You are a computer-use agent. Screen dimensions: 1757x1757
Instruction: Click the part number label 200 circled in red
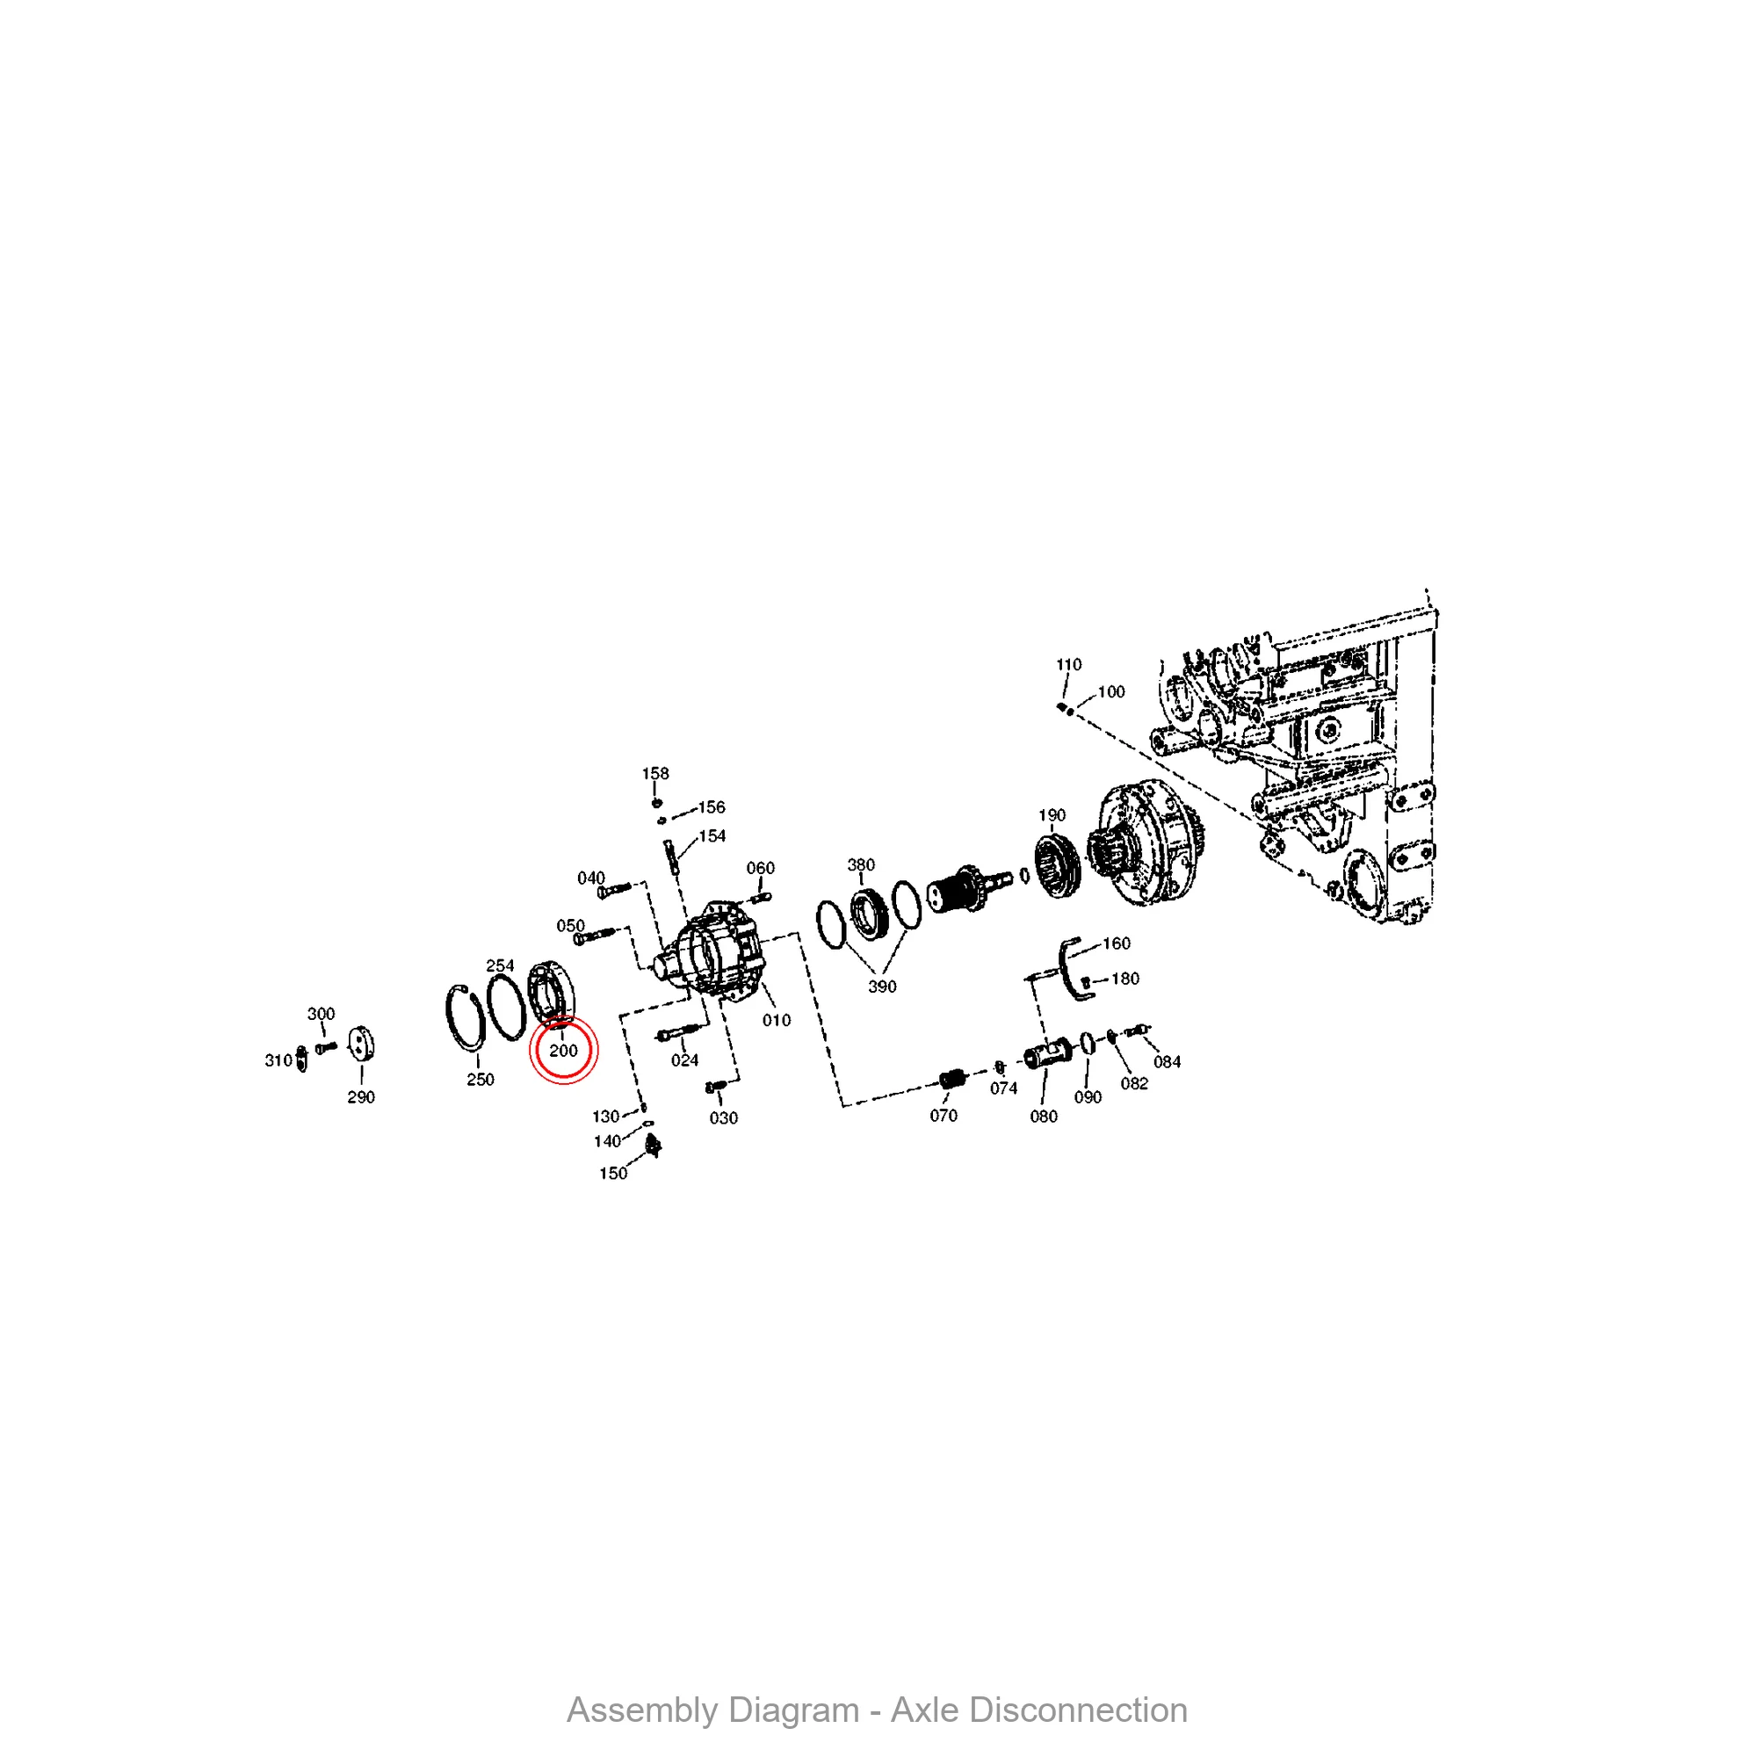point(563,1051)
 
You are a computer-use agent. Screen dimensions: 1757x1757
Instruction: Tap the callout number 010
point(776,1020)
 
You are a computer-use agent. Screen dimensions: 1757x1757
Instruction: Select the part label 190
point(1052,815)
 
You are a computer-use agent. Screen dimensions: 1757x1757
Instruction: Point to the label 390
point(881,987)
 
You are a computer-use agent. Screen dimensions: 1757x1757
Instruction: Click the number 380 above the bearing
point(860,864)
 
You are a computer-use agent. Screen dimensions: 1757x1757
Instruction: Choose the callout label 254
point(499,965)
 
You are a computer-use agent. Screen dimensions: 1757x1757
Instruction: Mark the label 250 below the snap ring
point(481,1080)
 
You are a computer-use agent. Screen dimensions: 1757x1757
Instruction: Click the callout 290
point(361,1096)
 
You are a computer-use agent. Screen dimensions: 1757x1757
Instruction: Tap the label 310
point(278,1060)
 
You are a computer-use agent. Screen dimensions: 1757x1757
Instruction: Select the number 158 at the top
point(654,773)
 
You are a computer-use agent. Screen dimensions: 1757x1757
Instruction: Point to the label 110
point(1068,665)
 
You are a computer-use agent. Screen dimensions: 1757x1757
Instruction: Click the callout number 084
point(1167,1061)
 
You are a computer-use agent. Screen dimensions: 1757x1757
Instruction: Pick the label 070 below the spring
point(943,1115)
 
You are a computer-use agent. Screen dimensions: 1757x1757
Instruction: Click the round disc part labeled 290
point(362,1043)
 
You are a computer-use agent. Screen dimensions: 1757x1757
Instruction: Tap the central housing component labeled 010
point(719,951)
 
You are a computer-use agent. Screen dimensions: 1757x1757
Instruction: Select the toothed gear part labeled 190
point(1057,864)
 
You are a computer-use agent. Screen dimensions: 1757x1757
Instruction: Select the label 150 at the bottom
point(612,1173)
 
